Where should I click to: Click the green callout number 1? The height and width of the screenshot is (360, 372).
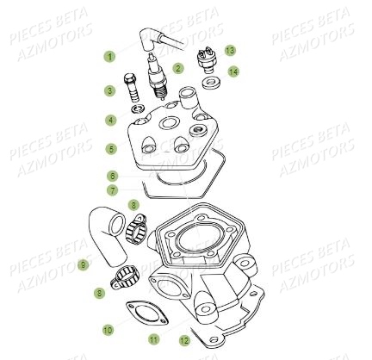point(109,57)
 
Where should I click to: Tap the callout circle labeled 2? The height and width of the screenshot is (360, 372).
point(178,67)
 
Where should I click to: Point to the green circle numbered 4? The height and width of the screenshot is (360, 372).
point(110,120)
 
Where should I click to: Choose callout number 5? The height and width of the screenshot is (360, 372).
point(110,148)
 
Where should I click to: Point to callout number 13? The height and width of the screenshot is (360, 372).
point(230,50)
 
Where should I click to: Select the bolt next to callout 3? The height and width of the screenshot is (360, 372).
point(130,87)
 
